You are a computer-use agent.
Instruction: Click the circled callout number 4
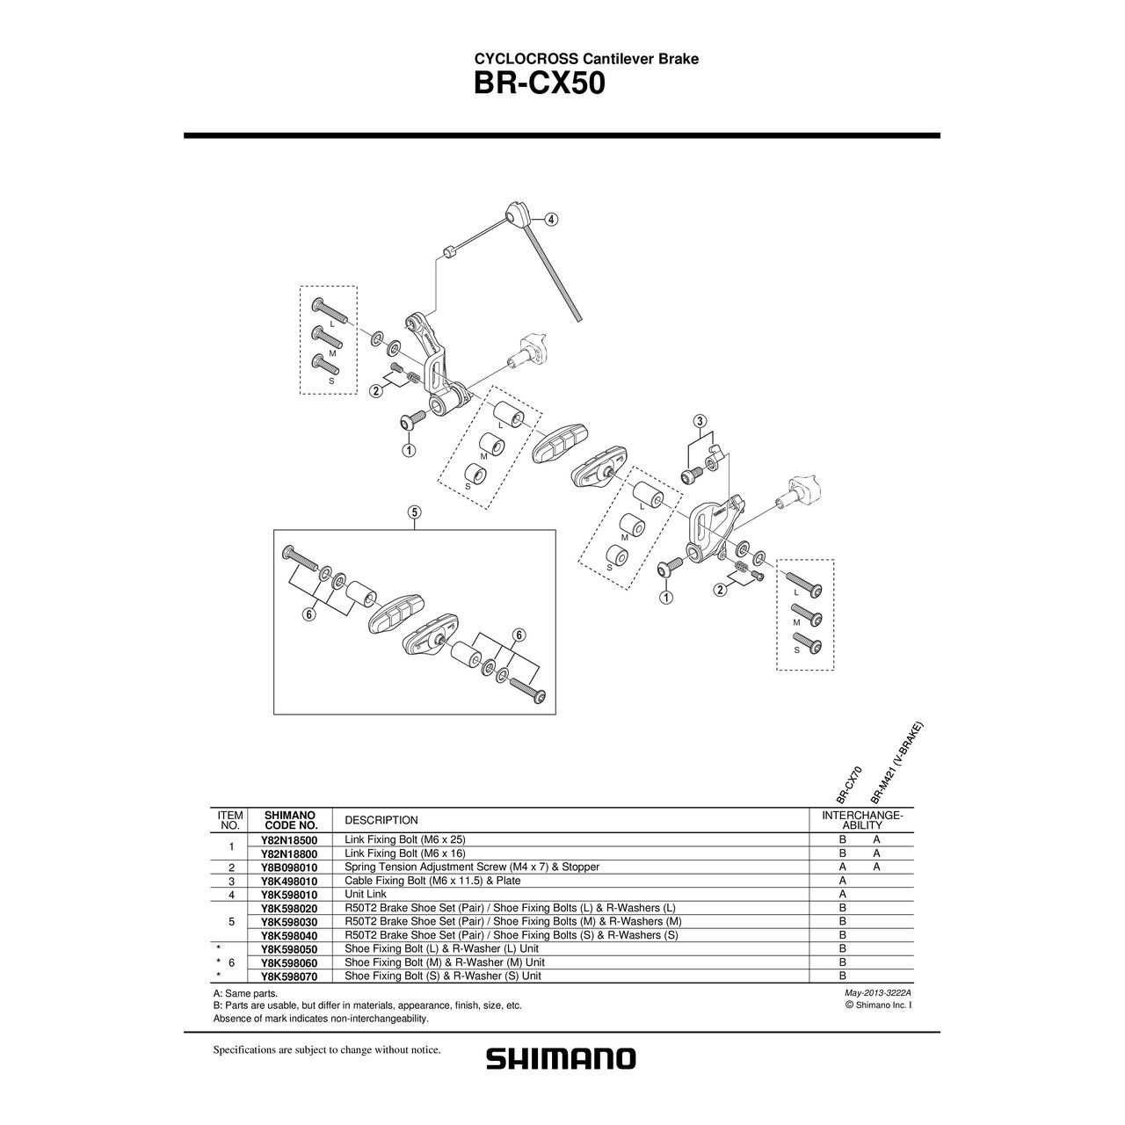coord(550,220)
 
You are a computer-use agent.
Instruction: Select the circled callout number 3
coord(700,420)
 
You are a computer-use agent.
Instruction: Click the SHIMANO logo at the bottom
coord(561,1058)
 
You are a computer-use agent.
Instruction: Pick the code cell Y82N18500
coord(289,839)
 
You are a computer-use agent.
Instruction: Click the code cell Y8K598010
coord(289,894)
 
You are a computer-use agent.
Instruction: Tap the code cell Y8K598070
coord(289,976)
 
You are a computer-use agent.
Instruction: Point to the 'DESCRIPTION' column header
coord(381,820)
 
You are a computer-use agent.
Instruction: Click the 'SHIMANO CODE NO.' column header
coord(290,820)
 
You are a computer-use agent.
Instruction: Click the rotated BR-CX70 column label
coord(849,784)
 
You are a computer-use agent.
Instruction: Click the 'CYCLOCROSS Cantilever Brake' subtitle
coord(586,59)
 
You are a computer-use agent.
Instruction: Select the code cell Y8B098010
coord(289,867)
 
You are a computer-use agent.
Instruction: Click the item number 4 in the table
coord(229,894)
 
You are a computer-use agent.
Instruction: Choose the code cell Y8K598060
coord(289,962)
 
